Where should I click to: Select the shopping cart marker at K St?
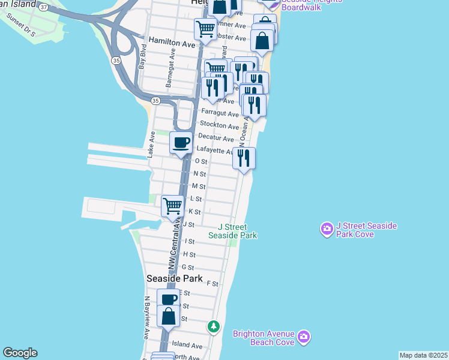(172, 206)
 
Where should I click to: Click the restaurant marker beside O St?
(244, 158)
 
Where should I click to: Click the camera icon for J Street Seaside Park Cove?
(327, 229)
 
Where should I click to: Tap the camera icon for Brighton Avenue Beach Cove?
(304, 337)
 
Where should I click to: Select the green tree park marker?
(213, 327)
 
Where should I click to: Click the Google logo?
(20, 353)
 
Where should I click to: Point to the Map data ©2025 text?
(423, 355)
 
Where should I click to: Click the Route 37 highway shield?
(43, 6)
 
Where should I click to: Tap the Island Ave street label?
(187, 346)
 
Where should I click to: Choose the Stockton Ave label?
(219, 125)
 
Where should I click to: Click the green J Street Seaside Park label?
(232, 231)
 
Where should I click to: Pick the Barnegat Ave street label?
(170, 74)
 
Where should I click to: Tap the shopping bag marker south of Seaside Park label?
(169, 316)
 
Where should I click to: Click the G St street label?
(187, 268)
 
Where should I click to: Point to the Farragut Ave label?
(219, 112)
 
